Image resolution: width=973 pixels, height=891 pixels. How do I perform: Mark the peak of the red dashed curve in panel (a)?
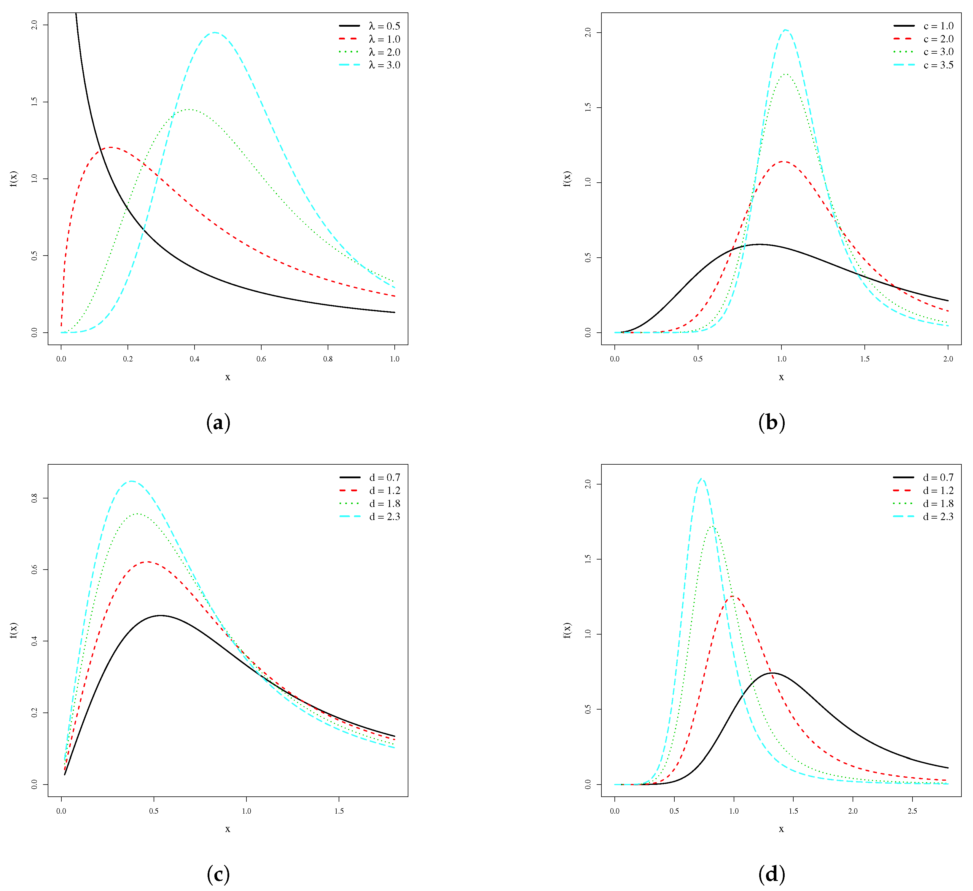[111, 147]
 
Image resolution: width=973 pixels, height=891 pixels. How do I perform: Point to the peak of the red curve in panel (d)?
[733, 597]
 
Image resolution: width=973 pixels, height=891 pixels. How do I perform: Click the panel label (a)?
[218, 423]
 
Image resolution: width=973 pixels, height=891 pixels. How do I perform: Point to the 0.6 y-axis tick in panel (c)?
[34, 570]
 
